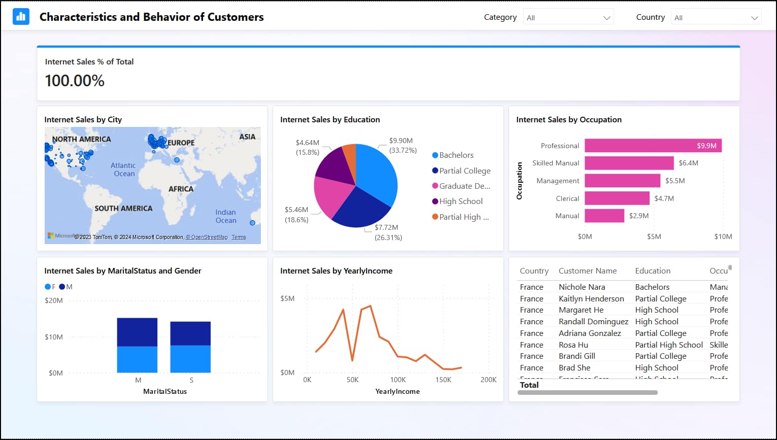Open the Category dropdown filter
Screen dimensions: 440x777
click(x=568, y=17)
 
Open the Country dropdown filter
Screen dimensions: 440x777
click(x=716, y=17)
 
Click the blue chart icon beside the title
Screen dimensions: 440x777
click(x=21, y=17)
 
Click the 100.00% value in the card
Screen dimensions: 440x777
click(x=75, y=81)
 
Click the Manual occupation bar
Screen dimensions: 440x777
click(x=604, y=216)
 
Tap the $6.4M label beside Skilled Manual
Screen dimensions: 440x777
click(x=688, y=163)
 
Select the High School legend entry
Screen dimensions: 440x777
click(x=461, y=201)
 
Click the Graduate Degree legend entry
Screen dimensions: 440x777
click(x=464, y=186)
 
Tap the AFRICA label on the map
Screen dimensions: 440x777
click(x=181, y=189)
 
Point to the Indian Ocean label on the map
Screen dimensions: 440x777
click(x=226, y=216)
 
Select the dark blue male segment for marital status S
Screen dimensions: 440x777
click(x=190, y=333)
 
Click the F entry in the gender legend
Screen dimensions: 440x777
click(x=50, y=287)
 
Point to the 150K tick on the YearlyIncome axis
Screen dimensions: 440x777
click(x=443, y=380)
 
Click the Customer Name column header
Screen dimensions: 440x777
click(x=587, y=271)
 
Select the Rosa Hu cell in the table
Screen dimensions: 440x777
click(x=573, y=345)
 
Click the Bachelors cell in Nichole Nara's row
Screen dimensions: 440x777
click(x=652, y=287)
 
